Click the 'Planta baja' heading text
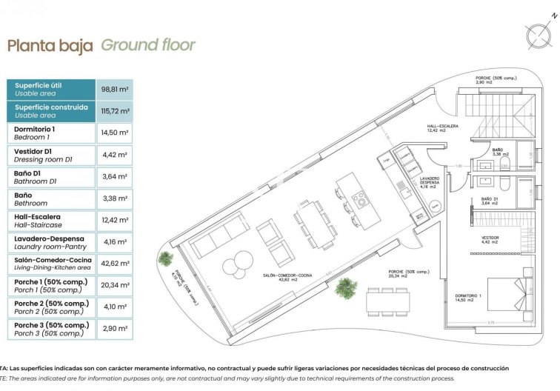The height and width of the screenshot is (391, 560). click(x=50, y=46)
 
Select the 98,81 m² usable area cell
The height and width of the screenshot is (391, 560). click(x=114, y=90)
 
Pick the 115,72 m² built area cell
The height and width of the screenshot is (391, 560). click(x=114, y=111)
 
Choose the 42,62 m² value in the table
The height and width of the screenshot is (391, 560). click(x=114, y=264)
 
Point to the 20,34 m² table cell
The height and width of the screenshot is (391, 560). click(x=114, y=285)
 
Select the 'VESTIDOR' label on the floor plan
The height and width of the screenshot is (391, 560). click(x=490, y=238)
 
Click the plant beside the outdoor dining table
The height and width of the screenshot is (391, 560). click(x=345, y=287)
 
